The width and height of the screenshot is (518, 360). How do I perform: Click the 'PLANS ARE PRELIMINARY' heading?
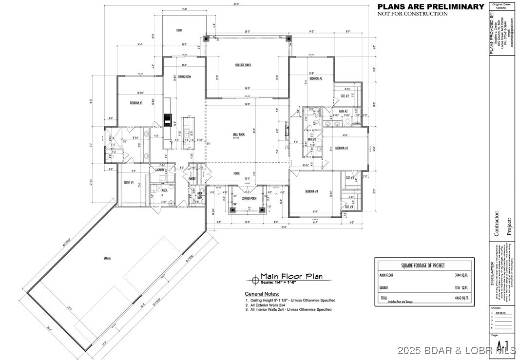click(431, 6)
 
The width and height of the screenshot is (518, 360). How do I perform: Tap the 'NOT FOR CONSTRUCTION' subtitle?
click(412, 14)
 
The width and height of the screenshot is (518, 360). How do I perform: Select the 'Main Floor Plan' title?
click(291, 276)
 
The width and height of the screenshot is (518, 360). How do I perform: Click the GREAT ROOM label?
click(238, 134)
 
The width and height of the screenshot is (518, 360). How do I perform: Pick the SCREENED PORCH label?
click(243, 65)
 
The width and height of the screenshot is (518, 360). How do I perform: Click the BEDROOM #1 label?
click(135, 103)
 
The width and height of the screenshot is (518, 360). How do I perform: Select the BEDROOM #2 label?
click(316, 78)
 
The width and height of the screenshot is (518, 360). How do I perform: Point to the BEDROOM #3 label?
click(341, 148)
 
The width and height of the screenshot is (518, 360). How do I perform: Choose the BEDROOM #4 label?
click(311, 191)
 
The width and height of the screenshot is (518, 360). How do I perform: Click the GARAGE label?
click(107, 258)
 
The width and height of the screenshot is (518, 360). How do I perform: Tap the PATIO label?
click(179, 30)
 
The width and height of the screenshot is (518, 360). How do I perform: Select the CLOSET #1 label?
click(129, 182)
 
